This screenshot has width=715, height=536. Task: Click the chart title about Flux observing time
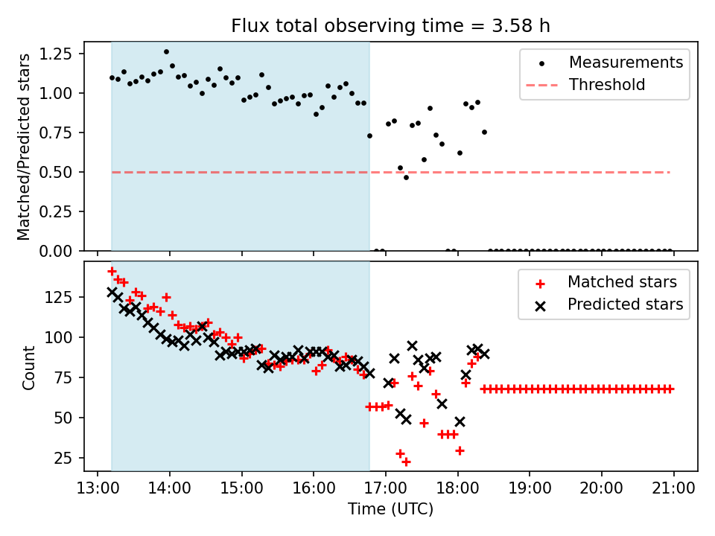tap(390, 26)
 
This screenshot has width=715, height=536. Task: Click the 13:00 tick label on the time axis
tap(98, 489)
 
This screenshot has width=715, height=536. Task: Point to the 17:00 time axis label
tap(385, 489)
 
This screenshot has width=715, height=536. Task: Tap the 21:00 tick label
tap(673, 489)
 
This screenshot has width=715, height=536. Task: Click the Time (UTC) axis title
tap(390, 510)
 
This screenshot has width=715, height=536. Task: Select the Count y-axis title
tap(29, 367)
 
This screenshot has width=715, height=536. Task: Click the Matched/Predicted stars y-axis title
tap(25, 147)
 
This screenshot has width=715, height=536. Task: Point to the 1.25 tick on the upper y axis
tap(57, 54)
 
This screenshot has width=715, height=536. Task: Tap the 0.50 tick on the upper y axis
tap(57, 172)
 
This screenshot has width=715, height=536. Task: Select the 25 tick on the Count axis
tap(65, 458)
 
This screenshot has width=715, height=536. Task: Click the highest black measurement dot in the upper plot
tap(166, 52)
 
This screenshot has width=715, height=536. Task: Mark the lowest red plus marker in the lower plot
tap(406, 462)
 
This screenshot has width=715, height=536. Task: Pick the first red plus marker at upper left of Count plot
tap(112, 272)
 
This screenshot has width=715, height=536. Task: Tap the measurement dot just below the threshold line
tap(406, 177)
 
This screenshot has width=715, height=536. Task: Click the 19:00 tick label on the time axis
tap(529, 489)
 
